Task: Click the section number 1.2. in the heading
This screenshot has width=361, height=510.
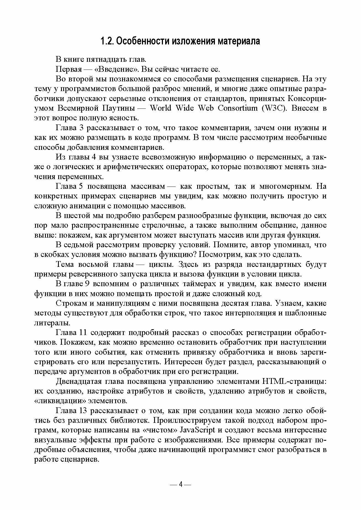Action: (106, 41)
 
